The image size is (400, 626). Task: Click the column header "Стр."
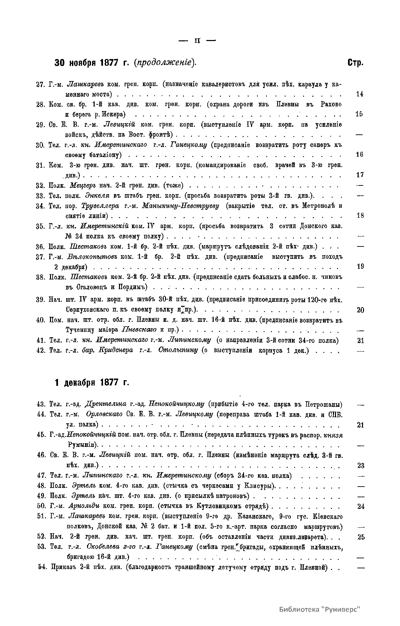click(355, 63)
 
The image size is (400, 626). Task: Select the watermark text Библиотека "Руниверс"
click(320, 609)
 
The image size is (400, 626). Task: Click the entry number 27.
click(40, 84)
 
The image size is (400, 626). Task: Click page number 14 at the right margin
click(359, 94)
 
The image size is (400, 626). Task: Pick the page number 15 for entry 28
click(359, 114)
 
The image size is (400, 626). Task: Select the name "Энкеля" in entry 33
click(95, 195)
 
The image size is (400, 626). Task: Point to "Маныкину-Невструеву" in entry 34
click(180, 206)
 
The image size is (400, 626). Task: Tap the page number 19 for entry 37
click(360, 267)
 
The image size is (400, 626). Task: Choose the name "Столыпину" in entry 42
click(178, 351)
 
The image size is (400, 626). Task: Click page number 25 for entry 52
click(361, 537)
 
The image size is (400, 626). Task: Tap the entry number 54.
click(42, 567)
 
